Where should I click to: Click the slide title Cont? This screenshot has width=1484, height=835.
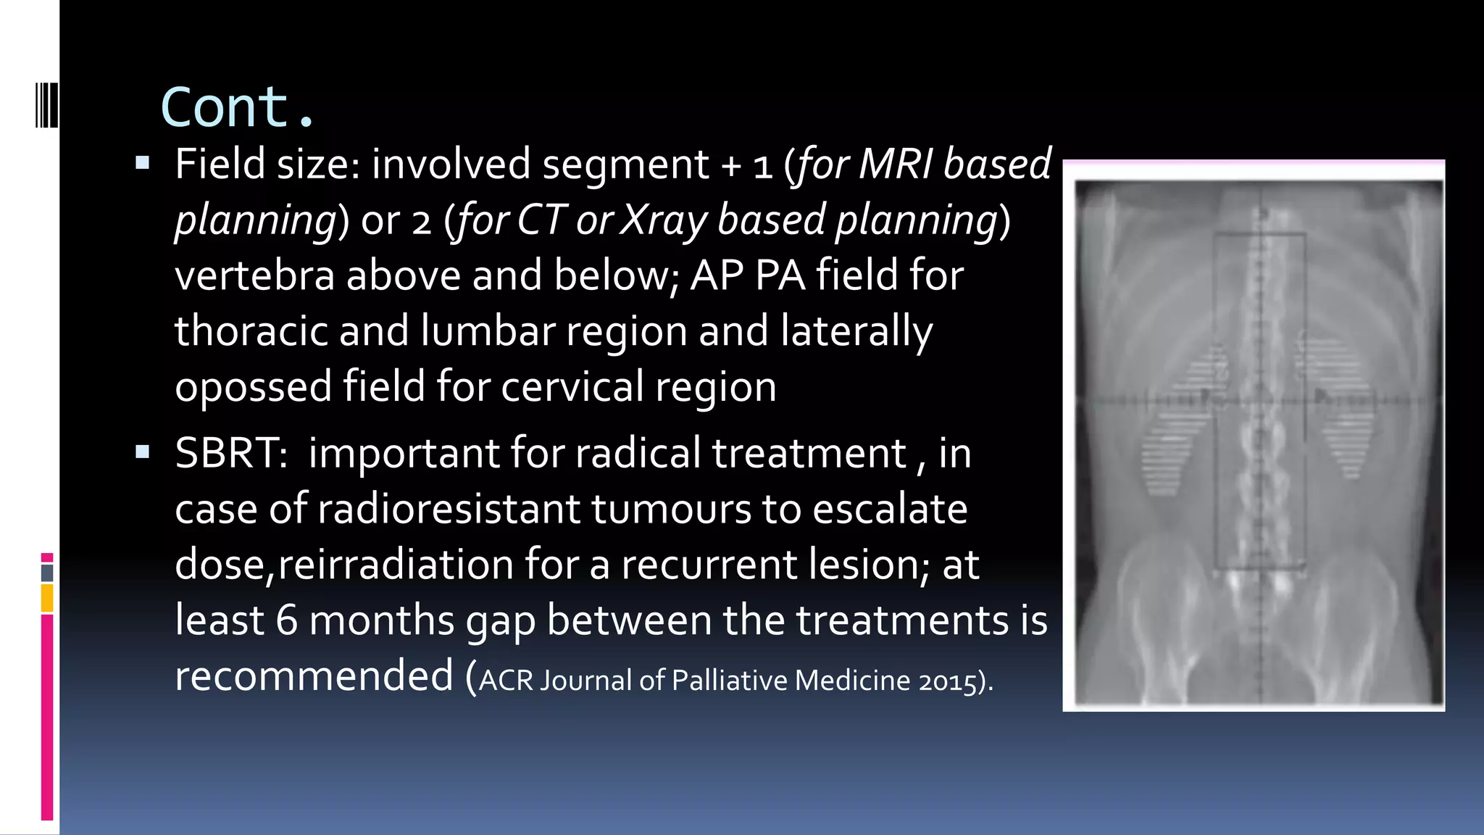(238, 107)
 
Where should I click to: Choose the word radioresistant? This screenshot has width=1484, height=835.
(449, 510)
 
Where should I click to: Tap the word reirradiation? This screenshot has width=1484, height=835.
(396, 565)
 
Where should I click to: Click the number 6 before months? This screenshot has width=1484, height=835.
(287, 621)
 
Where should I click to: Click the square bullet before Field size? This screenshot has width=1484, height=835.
(142, 162)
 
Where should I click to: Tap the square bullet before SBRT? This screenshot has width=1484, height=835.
(142, 452)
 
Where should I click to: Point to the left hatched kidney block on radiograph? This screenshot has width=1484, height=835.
(1183, 420)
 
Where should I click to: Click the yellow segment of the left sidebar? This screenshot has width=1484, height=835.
(47, 599)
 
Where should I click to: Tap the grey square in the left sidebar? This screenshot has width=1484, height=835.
(47, 573)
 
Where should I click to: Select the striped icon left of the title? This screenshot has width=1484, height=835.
(46, 106)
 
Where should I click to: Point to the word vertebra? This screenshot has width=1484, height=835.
(254, 275)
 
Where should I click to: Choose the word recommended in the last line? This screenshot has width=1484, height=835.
(314, 676)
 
